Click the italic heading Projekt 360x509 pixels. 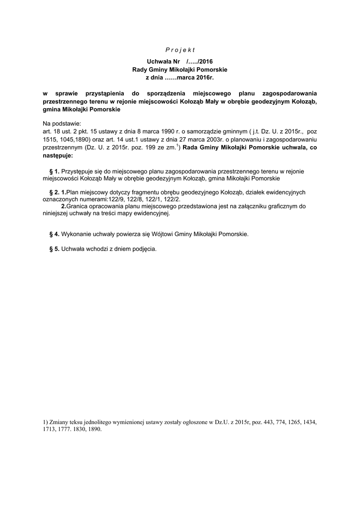click(x=180, y=50)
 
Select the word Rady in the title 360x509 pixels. click(x=139, y=70)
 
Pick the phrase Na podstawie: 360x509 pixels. click(x=62, y=124)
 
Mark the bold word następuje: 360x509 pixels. click(x=58, y=156)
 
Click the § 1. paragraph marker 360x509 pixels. click(x=54, y=171)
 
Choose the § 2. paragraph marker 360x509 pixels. click(x=53, y=192)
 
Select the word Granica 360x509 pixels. click(x=78, y=206)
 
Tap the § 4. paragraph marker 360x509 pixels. click(x=54, y=234)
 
